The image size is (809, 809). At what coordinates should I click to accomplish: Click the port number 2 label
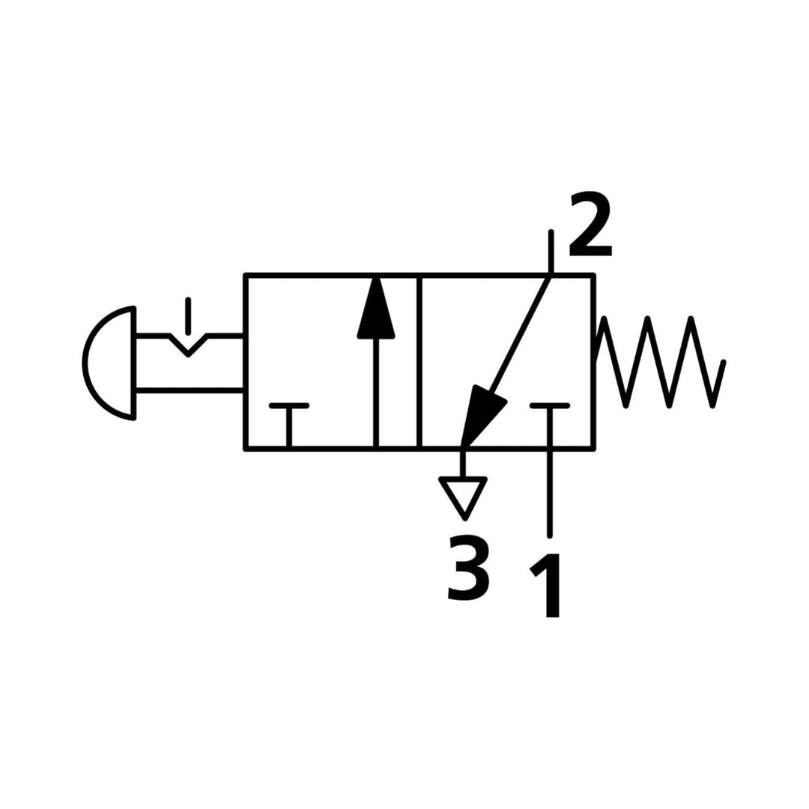click(x=590, y=225)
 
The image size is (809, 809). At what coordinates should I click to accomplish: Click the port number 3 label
click(x=467, y=568)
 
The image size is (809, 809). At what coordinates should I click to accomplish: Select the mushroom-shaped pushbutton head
click(x=109, y=363)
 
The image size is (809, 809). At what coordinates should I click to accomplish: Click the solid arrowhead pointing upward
click(x=376, y=308)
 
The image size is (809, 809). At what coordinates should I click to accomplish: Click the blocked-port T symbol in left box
click(x=289, y=425)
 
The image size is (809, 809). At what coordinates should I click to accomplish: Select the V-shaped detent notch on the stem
click(x=189, y=345)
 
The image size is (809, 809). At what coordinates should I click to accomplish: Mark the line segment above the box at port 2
click(x=551, y=252)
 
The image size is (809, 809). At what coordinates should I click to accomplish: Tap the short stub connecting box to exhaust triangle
click(x=463, y=464)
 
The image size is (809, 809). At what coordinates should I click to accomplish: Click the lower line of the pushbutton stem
click(x=190, y=390)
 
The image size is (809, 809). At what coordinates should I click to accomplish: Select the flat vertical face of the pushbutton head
click(x=135, y=363)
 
